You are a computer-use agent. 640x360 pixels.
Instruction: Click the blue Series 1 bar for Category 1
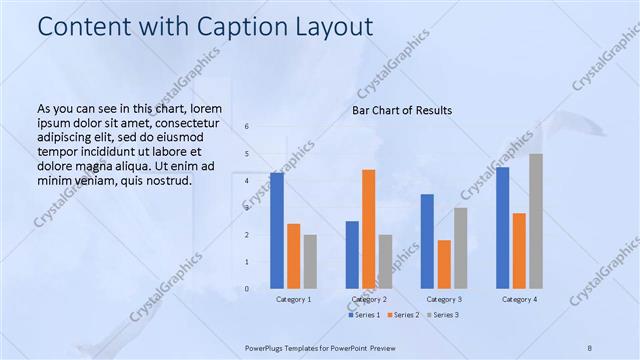pos(277,231)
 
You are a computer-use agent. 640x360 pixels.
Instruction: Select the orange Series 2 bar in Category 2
pos(368,229)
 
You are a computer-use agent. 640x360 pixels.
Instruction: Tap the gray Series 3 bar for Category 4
pos(535,221)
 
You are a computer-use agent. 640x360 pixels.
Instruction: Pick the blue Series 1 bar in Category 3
pos(427,241)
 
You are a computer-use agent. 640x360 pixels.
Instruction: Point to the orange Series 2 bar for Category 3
pos(444,264)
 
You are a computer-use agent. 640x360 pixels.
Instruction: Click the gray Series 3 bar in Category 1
pos(310,261)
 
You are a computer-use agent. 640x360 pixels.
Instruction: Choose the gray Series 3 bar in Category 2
pos(385,261)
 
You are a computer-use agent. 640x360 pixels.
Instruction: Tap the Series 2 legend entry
pos(402,315)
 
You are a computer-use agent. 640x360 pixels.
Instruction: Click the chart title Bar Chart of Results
pos(402,110)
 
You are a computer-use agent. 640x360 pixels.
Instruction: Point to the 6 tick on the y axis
pos(247,127)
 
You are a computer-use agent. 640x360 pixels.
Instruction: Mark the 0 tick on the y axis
pos(247,289)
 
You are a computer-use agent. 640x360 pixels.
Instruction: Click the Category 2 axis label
pos(368,299)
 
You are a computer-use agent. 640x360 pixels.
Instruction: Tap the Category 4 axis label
pos(518,299)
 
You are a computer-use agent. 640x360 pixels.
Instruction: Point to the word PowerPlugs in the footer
pos(267,348)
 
